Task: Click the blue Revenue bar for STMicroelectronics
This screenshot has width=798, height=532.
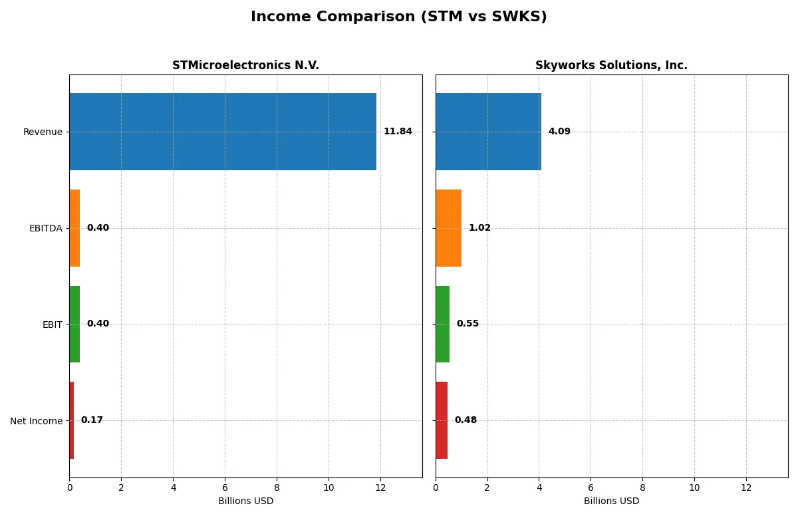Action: point(223,132)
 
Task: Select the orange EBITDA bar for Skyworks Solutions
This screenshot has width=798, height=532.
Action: point(448,228)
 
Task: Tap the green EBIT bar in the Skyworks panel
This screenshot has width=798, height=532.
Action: point(442,324)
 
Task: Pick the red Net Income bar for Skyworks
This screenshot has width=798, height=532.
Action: point(442,420)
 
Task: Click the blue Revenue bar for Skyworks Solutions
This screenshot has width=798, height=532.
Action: point(488,132)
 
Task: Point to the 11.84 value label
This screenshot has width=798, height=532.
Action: point(398,132)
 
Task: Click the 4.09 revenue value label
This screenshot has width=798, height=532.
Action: point(559,132)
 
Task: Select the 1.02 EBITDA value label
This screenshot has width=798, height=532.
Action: point(479,228)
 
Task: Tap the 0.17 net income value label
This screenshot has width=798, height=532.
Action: point(92,420)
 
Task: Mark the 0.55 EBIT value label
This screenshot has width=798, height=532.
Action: point(467,324)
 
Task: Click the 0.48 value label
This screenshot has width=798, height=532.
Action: point(465,420)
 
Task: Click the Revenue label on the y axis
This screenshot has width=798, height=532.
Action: point(43,132)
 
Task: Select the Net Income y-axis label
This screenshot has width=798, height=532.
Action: point(37,421)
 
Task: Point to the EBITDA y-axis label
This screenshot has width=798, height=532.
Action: point(46,228)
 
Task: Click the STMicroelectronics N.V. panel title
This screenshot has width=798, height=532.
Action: point(245,66)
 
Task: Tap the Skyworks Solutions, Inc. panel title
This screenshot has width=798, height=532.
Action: point(611,66)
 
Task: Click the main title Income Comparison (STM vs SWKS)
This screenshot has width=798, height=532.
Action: point(399,17)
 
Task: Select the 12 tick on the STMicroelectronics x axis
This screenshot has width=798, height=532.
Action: point(380,487)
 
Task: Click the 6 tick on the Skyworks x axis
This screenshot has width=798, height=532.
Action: point(591,487)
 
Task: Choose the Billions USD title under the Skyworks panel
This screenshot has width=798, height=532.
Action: point(611,501)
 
